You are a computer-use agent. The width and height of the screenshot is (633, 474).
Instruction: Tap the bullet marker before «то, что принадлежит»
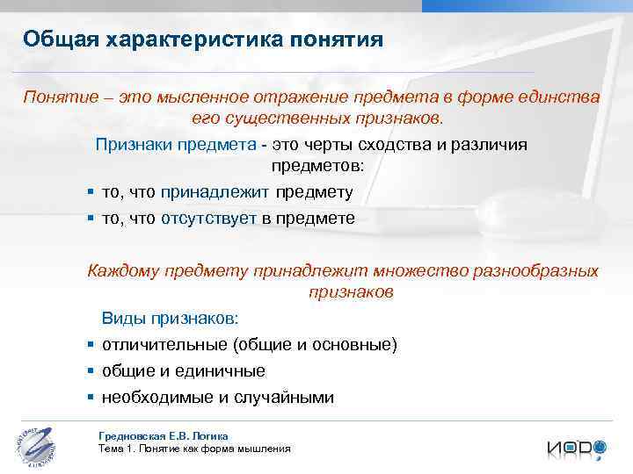[91, 192]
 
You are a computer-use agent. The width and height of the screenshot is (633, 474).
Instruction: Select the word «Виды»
[120, 318]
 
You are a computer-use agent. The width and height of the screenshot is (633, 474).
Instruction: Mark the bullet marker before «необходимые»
[91, 397]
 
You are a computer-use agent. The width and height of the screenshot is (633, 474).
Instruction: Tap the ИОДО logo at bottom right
[576, 447]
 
